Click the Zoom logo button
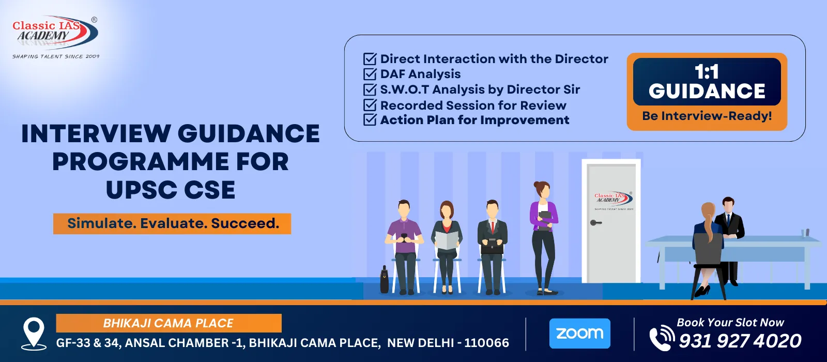coord(579,333)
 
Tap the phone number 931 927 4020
coord(740,341)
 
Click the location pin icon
coord(34,334)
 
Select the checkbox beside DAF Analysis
coord(370,74)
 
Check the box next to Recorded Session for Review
coord(370,105)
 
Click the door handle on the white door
coord(595,223)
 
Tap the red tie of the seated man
coord(492,227)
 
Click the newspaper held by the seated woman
coord(447,240)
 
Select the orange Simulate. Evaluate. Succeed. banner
coord(172,223)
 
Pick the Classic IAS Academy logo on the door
coord(613,200)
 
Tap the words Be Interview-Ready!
coord(707,116)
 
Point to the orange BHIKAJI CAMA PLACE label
coord(169,323)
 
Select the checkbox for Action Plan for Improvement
coord(370,120)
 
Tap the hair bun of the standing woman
coord(537,184)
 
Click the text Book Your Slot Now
coord(730,323)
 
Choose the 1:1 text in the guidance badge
coord(707,71)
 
